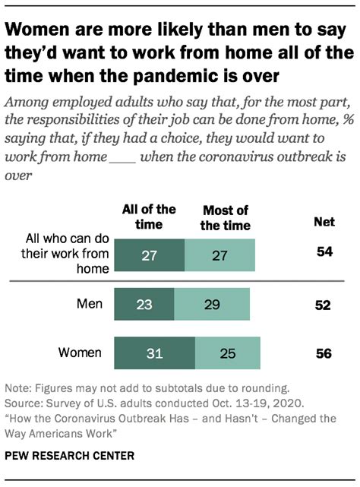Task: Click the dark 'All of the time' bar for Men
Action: click(144, 305)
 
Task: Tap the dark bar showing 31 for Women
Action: click(154, 353)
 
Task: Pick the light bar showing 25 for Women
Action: click(227, 353)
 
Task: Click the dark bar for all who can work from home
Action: click(149, 256)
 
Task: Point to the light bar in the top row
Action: click(219, 256)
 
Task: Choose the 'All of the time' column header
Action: click(149, 215)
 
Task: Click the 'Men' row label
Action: click(90, 304)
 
